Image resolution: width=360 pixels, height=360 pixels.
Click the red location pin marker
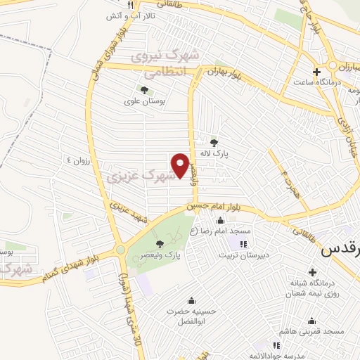[181, 161]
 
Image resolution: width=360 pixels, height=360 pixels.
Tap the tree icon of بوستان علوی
[144, 90]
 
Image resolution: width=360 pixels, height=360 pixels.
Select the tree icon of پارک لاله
[214, 142]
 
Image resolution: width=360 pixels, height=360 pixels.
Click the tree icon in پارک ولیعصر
[160, 244]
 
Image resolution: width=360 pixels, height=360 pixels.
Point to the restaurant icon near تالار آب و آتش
[129, 6]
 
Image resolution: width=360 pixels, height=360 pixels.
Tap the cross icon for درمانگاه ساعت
[316, 72]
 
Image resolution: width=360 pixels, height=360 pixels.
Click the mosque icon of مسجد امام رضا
[220, 221]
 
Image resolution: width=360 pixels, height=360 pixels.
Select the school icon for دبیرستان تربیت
[243, 244]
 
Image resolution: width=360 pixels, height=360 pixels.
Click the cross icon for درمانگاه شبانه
[312, 272]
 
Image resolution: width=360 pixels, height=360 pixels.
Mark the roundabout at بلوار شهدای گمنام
[120, 249]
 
